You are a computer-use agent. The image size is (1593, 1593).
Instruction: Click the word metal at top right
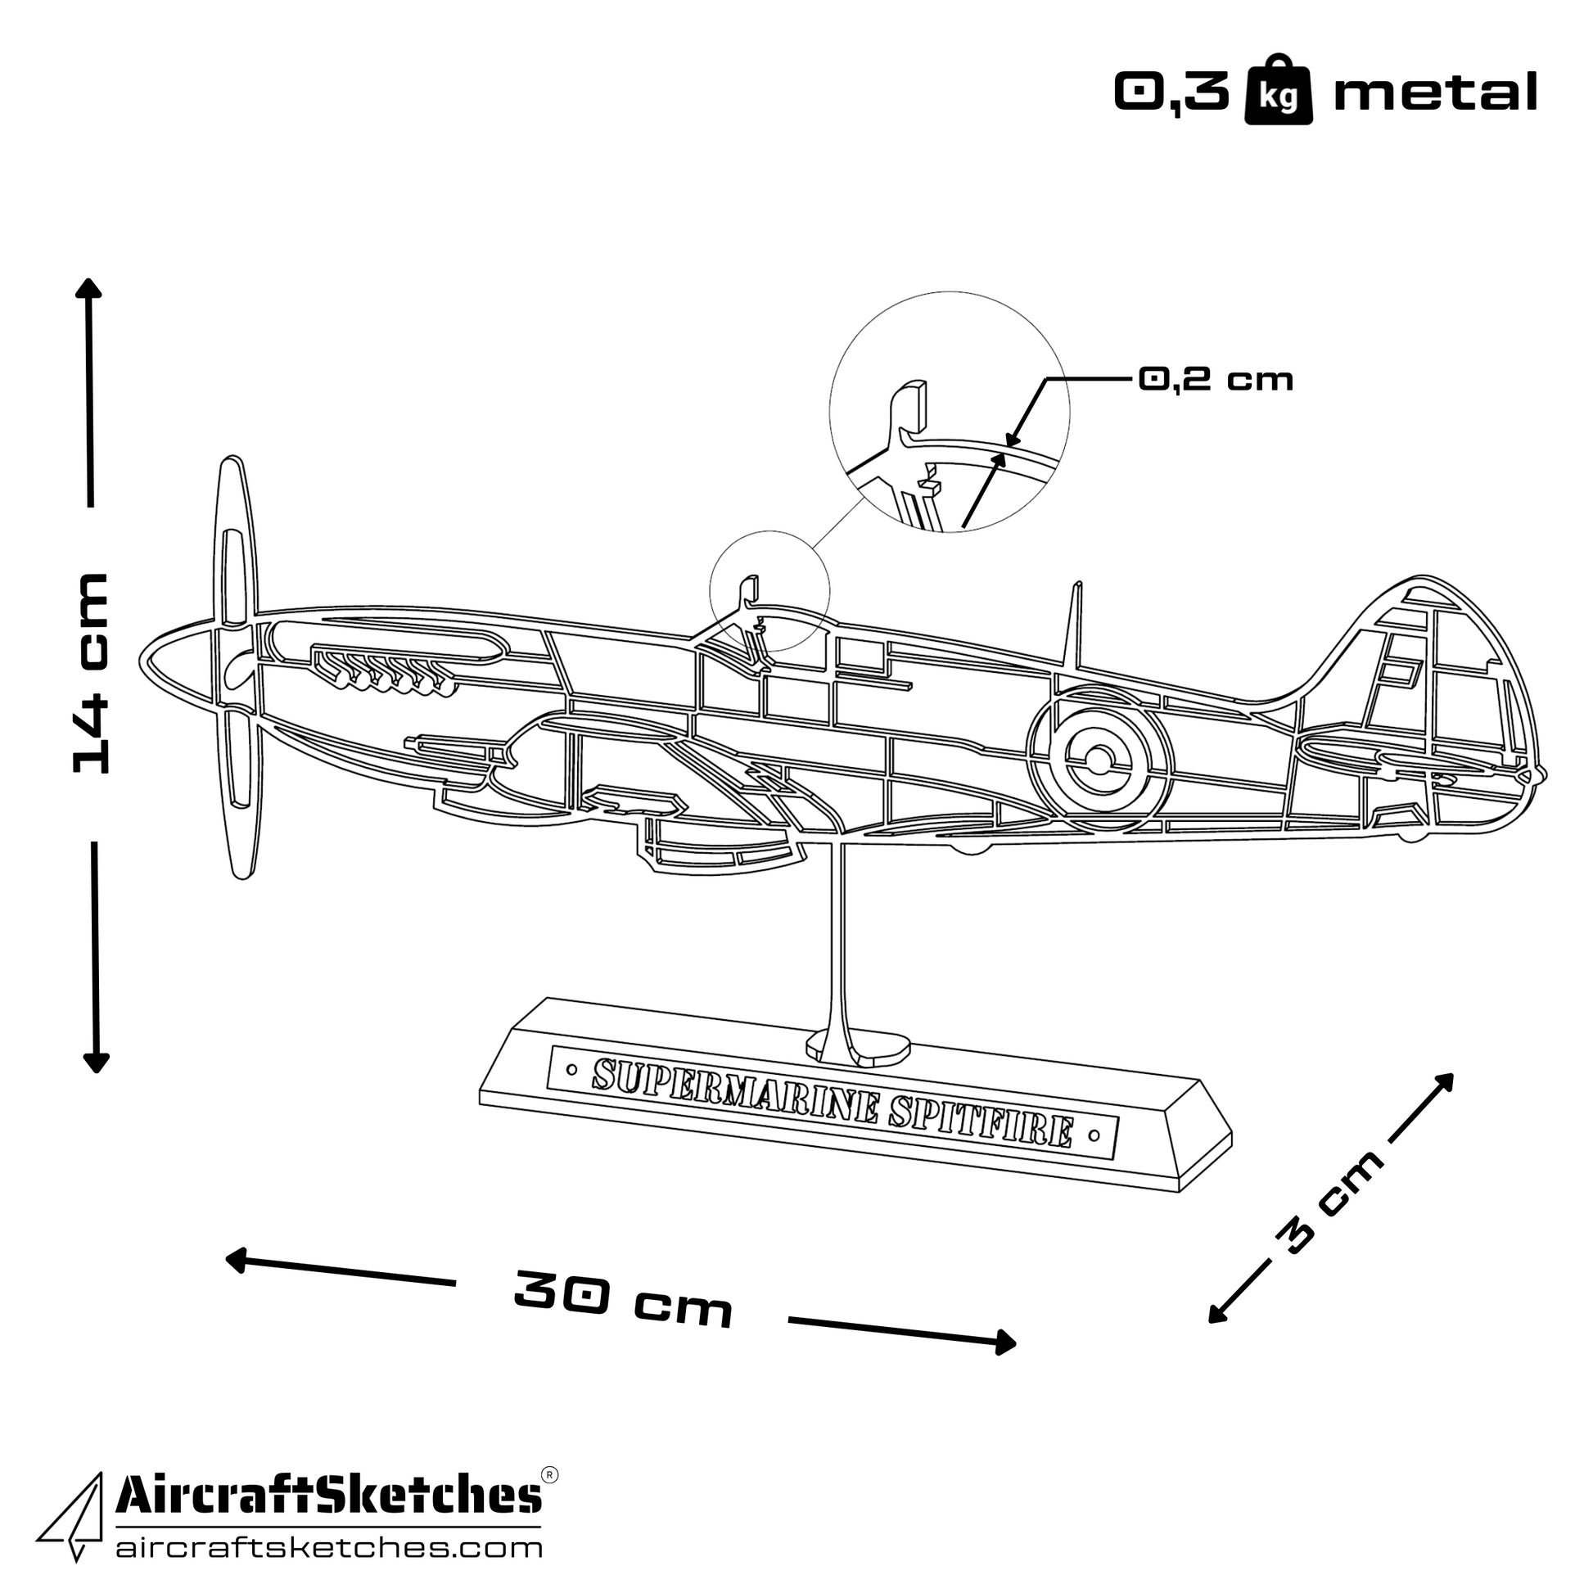[1436, 92]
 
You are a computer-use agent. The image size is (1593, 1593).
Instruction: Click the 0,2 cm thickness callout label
[1216, 379]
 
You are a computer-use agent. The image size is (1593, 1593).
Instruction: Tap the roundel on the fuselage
[1100, 758]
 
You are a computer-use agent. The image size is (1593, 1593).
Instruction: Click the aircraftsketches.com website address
[329, 1548]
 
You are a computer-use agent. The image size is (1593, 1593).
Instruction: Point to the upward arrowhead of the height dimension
[88, 288]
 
